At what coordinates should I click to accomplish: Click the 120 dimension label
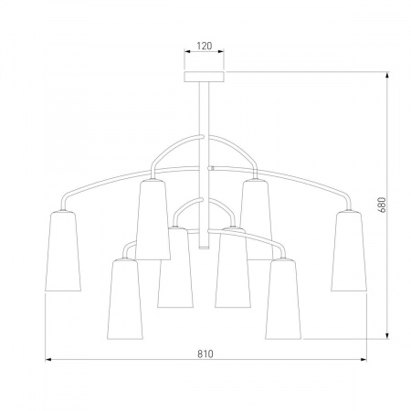205,46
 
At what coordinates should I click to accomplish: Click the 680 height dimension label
383,205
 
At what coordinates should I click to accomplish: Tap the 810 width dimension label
205,353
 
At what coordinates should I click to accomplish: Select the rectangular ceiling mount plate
204,77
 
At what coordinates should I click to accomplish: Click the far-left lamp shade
63,250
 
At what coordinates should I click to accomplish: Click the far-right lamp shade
349,250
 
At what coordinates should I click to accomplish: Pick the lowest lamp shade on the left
125,299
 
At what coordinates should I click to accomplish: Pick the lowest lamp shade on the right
283,299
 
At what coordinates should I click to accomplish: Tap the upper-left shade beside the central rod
153,219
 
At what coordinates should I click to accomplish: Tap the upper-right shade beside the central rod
256,219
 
